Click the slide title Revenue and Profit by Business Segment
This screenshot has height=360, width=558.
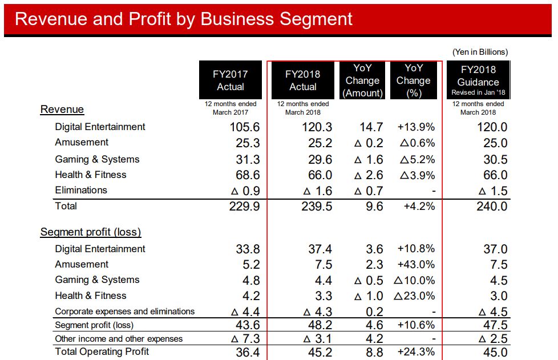183,19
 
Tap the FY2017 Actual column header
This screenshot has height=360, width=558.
231,80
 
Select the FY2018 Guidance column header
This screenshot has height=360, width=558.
478,80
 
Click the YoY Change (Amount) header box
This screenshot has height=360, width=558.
363,80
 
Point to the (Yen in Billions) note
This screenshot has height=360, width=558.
479,52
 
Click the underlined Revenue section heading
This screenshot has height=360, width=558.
62,110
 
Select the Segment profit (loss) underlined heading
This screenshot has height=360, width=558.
91,232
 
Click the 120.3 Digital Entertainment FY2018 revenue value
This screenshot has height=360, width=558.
317,127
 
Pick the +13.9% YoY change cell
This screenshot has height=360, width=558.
416,127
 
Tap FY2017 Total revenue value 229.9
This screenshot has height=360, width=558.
245,207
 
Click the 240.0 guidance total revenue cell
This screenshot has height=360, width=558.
492,207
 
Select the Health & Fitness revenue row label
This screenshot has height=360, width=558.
91,175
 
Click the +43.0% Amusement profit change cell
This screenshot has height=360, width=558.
416,265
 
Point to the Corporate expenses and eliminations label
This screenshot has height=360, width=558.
125,312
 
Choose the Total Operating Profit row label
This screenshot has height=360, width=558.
102,351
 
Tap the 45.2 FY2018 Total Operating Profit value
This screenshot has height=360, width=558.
317,353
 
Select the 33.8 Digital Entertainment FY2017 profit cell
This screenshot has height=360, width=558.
248,249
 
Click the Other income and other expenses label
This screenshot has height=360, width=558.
119,338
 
